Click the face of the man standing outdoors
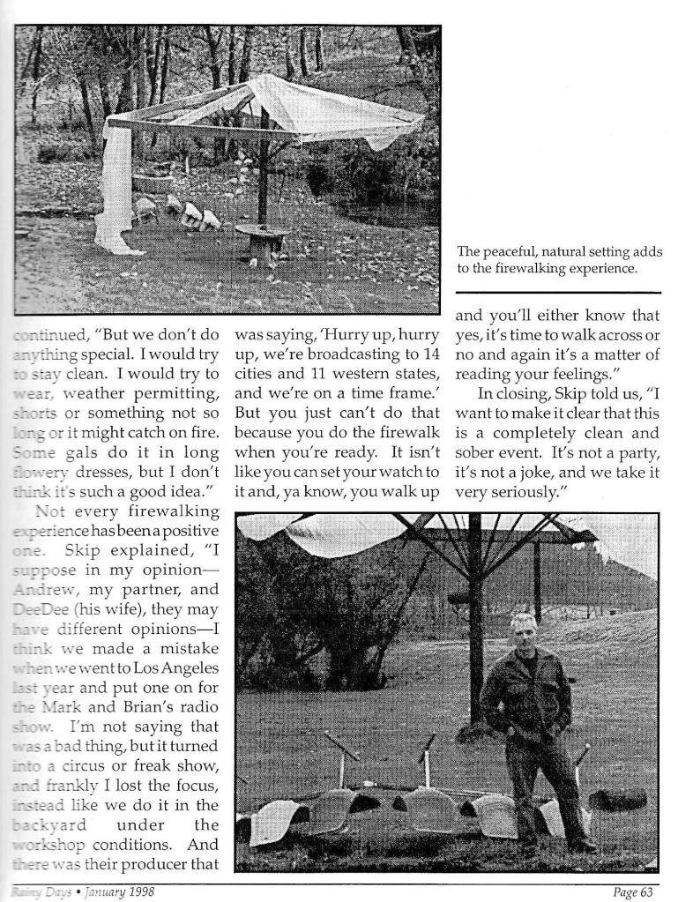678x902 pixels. point(523,630)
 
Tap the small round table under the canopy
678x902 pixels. point(263,235)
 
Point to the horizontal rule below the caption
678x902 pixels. point(558,292)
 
